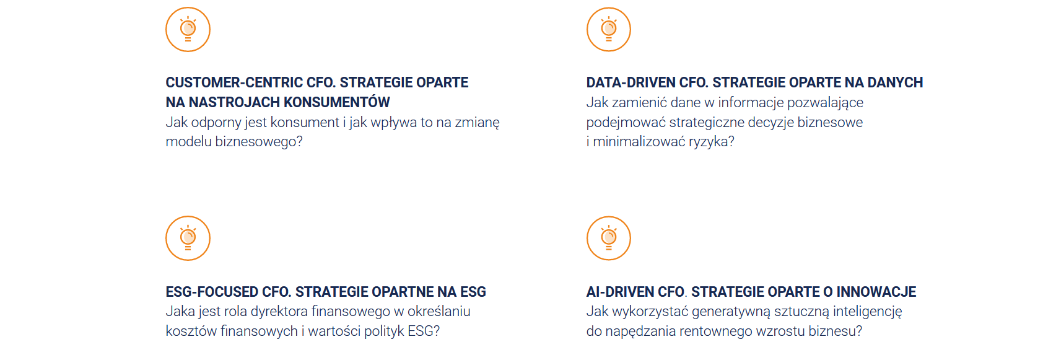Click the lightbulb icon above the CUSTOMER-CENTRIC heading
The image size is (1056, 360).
(188, 29)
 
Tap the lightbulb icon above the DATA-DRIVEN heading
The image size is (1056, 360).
(609, 29)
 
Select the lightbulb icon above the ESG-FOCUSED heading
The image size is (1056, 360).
(188, 239)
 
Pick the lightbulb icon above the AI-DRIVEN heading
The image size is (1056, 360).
(609, 239)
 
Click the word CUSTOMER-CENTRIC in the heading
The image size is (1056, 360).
(234, 82)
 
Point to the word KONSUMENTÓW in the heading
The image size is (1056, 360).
(337, 102)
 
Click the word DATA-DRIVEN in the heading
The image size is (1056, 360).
(631, 82)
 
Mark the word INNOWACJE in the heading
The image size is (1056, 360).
(876, 292)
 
